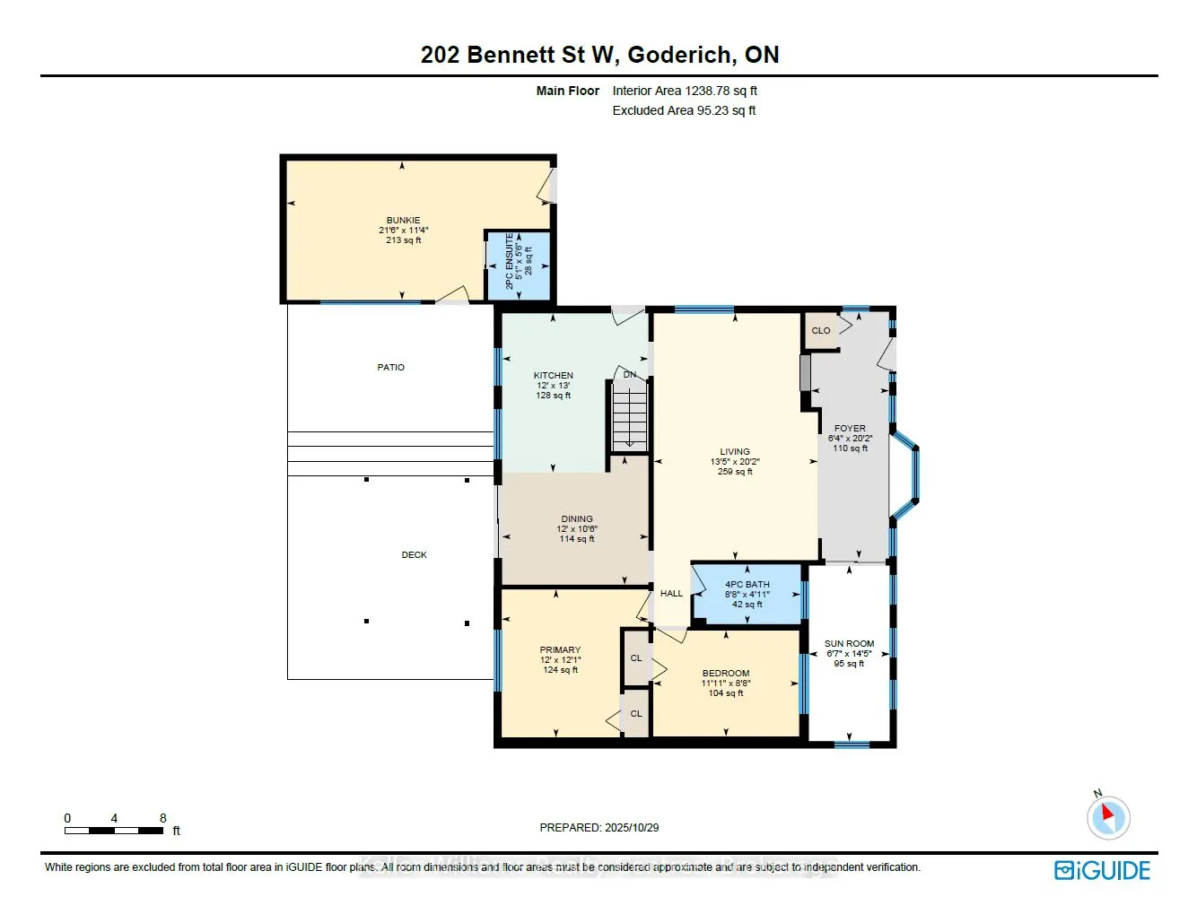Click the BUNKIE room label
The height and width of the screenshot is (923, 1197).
click(403, 221)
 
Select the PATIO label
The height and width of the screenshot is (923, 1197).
click(390, 368)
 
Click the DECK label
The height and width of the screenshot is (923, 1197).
click(414, 555)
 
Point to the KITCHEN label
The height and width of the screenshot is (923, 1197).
click(553, 376)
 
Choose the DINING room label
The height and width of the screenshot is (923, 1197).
click(577, 519)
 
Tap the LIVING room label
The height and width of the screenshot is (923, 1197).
click(734, 452)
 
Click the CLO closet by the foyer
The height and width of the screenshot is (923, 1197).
click(821, 331)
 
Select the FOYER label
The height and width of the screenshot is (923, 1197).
click(850, 429)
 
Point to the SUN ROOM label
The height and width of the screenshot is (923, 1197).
click(849, 644)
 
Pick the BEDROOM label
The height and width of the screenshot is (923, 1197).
click(726, 674)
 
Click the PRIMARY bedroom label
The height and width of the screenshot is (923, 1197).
click(560, 650)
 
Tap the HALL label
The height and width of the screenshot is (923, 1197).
click(671, 594)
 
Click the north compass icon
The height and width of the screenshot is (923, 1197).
click(1107, 817)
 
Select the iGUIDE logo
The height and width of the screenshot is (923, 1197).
click(1102, 870)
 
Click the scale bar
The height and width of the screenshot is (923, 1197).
click(114, 831)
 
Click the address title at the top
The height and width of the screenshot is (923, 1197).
click(599, 55)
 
